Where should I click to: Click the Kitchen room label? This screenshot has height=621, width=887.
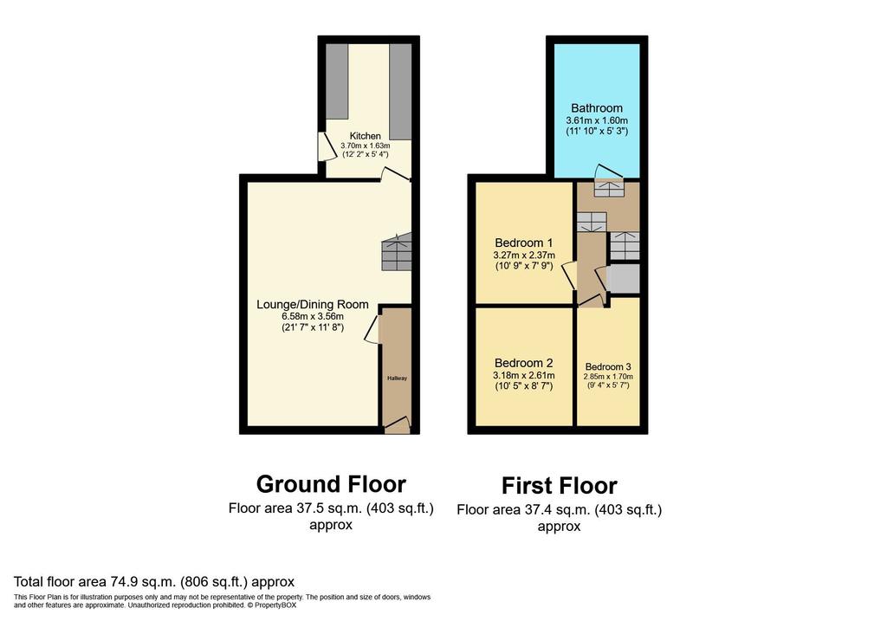click(365, 136)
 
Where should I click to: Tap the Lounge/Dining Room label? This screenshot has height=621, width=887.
click(312, 304)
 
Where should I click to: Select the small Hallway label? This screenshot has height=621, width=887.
click(397, 378)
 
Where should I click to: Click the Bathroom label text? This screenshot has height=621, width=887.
click(597, 108)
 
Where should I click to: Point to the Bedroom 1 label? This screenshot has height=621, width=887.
click(524, 243)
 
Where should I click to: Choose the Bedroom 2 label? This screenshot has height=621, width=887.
click(524, 363)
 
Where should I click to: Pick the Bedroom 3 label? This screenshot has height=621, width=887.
click(608, 366)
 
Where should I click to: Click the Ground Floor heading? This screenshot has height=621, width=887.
click(331, 484)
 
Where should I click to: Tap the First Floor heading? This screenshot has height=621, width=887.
click(559, 486)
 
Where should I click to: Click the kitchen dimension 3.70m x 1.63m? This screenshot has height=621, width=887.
click(365, 146)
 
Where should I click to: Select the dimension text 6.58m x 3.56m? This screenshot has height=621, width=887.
click(312, 316)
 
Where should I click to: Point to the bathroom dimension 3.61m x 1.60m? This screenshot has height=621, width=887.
click(597, 120)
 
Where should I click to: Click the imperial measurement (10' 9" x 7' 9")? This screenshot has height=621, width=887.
click(524, 266)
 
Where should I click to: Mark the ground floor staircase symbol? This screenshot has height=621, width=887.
click(397, 252)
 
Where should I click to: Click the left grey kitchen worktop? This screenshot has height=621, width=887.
click(337, 81)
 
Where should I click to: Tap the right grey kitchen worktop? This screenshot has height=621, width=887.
click(400, 91)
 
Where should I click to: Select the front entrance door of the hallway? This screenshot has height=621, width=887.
click(397, 424)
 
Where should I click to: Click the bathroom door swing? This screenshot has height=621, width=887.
click(610, 171)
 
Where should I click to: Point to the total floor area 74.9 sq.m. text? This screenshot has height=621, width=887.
click(154, 581)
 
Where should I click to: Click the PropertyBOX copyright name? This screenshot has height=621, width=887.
click(275, 605)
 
